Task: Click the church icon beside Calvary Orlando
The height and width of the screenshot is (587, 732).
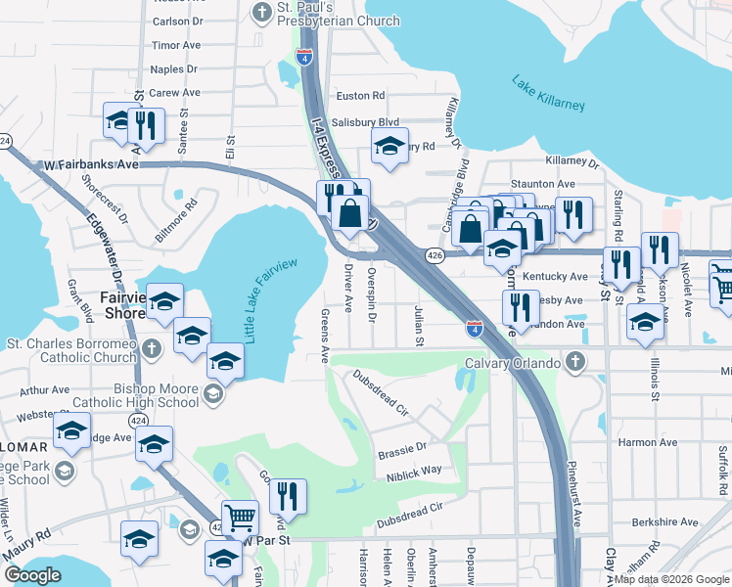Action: click(576, 362)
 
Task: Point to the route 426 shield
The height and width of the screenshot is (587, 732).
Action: click(435, 255)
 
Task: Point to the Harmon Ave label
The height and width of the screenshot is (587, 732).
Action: click(648, 442)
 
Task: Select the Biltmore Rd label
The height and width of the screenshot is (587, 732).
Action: click(177, 221)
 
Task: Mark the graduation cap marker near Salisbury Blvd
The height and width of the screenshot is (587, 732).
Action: click(389, 148)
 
